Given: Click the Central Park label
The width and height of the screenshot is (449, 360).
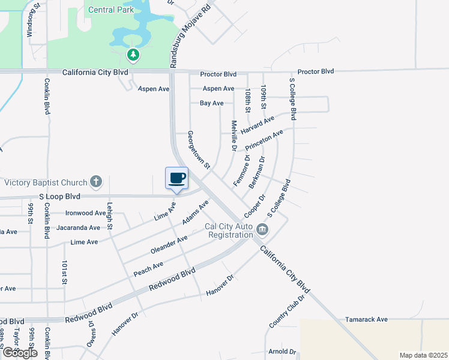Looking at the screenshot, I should [x=112, y=10].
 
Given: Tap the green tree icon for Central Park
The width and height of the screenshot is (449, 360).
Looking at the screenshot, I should [x=133, y=56].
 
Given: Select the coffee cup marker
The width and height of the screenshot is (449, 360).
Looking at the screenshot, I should [x=176, y=178].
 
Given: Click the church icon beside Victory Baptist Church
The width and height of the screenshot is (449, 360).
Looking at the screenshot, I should [x=95, y=181].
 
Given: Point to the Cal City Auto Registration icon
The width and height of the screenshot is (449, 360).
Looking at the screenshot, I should [x=262, y=230].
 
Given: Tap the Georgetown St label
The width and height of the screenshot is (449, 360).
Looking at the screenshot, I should [x=199, y=149].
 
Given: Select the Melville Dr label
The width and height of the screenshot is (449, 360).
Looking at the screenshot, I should [x=234, y=135].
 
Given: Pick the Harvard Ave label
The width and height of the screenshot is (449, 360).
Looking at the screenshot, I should [x=257, y=125].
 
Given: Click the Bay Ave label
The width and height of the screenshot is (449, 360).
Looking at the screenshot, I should [x=211, y=103].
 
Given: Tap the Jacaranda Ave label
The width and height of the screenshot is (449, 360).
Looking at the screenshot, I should [x=78, y=228].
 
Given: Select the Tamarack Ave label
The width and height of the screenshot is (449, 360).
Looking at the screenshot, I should [x=366, y=320].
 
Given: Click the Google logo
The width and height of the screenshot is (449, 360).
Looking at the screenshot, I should [x=20, y=353].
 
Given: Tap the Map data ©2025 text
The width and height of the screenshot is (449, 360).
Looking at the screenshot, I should [x=424, y=355].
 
